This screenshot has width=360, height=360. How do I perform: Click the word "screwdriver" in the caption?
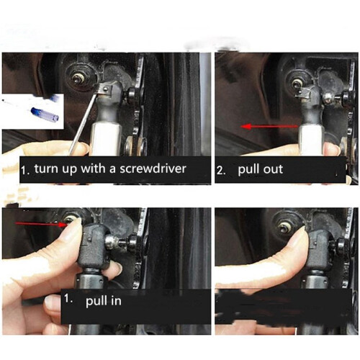(153, 168)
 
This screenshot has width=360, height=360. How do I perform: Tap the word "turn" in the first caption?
(46, 168)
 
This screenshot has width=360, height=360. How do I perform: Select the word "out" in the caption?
(273, 169)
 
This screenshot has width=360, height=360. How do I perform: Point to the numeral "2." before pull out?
(221, 171)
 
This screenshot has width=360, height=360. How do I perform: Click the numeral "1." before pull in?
(68, 299)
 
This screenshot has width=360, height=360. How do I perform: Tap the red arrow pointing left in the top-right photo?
(269, 126)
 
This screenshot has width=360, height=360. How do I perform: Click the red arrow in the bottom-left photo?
(41, 224)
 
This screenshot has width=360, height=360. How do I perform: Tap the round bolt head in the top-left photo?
(78, 78)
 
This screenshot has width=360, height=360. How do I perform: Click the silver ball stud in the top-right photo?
(328, 98)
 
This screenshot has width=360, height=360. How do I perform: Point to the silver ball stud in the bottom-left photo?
(111, 240)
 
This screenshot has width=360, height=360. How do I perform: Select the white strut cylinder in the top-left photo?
(105, 138)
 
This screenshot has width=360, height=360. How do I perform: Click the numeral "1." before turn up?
(26, 171)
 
